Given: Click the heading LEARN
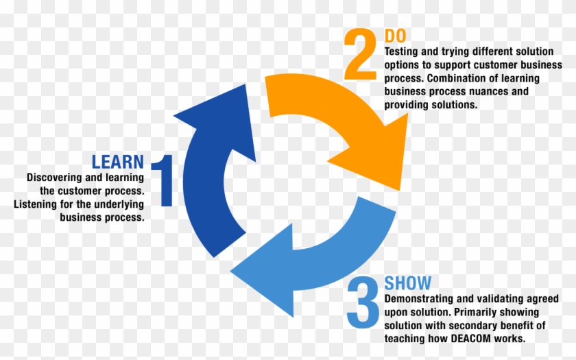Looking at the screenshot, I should coord(118,163).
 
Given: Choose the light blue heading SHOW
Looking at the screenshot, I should coord(408,283).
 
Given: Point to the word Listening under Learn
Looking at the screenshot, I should coord(36,204).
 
